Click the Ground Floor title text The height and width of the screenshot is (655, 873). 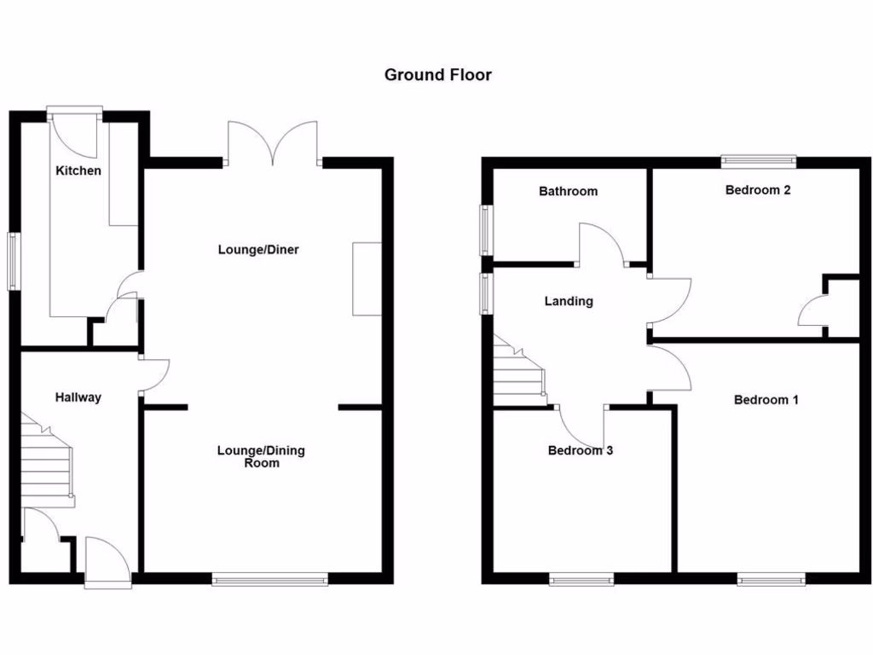(437, 75)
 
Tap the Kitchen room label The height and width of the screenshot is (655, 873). (78, 171)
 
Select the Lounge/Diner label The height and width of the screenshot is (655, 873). (258, 250)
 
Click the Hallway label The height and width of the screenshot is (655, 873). (78, 397)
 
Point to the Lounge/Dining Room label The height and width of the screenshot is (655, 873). (261, 456)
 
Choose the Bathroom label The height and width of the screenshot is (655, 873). (568, 191)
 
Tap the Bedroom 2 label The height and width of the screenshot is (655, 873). (758, 190)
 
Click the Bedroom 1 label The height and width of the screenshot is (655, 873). (766, 399)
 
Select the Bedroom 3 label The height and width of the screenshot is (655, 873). (580, 450)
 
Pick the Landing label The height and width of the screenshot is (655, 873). (569, 301)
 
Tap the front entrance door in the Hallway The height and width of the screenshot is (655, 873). (108, 563)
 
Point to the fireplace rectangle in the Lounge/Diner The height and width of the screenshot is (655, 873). (367, 279)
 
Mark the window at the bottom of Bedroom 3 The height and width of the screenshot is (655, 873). (581, 581)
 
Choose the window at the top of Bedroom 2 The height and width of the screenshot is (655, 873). (758, 159)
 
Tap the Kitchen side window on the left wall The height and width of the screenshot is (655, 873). (14, 261)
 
